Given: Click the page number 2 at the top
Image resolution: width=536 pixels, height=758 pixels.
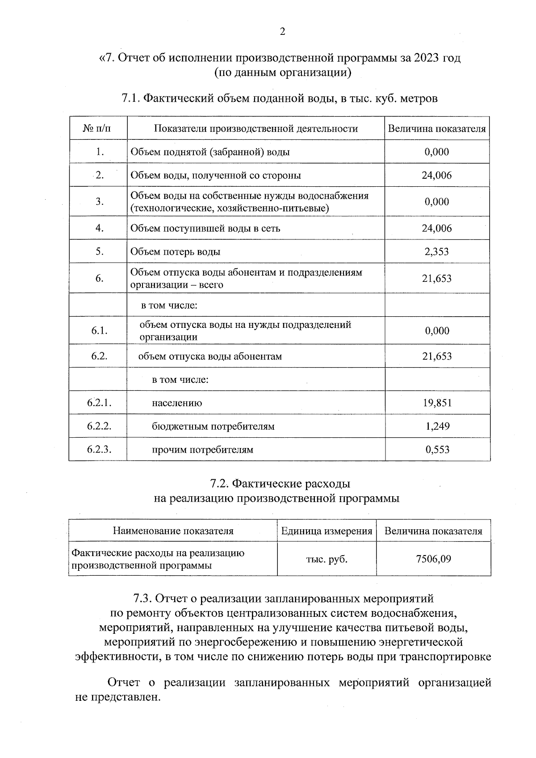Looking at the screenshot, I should point(282,32).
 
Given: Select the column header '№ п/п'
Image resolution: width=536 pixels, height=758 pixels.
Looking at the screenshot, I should point(98,129).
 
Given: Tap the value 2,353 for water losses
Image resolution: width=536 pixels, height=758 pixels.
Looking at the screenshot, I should point(437,251).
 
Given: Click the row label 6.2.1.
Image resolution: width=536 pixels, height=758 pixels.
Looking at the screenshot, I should point(99,403).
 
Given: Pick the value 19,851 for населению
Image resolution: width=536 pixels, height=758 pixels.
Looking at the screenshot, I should point(437,403).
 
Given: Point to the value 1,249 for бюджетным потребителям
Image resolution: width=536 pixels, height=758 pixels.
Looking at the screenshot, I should point(437,426).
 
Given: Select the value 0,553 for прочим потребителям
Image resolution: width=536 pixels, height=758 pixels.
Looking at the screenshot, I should point(437,449).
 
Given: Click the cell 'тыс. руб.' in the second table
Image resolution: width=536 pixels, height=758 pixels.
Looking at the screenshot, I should point(327,559).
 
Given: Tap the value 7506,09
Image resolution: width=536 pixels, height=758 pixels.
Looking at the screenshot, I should point(433,559).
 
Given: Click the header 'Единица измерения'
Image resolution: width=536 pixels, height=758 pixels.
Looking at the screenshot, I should point(327,531).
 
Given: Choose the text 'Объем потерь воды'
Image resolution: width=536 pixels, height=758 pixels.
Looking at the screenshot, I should point(175,251).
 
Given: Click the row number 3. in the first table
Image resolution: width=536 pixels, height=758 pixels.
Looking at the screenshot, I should point(99,201).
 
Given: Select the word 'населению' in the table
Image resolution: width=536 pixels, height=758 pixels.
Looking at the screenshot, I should point(177,403).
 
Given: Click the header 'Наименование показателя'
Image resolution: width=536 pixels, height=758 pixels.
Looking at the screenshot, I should point(173,531).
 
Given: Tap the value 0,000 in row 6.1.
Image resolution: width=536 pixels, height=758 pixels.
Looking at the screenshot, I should point(437,331).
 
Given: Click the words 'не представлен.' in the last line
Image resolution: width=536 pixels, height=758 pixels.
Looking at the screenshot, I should point(117,697).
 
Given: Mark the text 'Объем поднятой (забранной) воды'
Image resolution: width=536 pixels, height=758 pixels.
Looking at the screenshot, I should point(210,152).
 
